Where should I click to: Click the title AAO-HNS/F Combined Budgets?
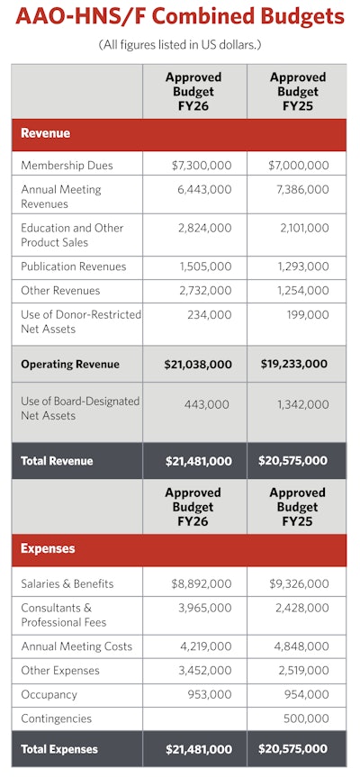[x=180, y=18]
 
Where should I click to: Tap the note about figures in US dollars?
[x=180, y=45]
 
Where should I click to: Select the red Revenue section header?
[x=46, y=133]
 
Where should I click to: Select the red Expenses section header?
[x=48, y=548]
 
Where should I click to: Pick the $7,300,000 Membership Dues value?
[x=201, y=166]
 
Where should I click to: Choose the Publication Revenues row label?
[x=74, y=267]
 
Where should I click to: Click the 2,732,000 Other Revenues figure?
[x=205, y=291]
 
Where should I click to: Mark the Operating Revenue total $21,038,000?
[x=197, y=364]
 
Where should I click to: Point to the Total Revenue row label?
[x=58, y=461]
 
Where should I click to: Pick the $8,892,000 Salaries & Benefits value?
[x=201, y=583]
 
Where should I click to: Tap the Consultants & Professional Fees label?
[x=63, y=615]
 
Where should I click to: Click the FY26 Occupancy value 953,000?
[x=211, y=694]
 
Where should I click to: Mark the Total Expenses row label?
[x=59, y=749]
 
